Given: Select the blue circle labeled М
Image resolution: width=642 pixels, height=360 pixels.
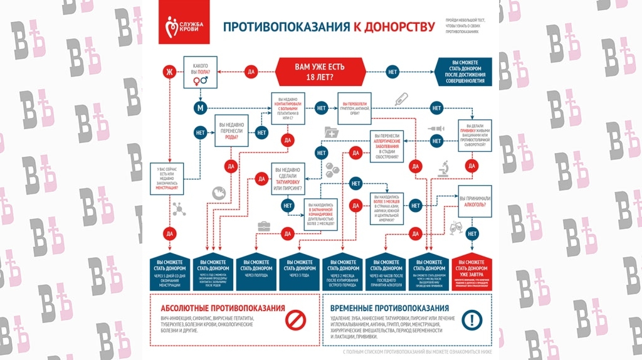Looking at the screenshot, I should coord(201,108).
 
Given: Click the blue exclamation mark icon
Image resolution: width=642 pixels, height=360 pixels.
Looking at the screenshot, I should coord(471,320).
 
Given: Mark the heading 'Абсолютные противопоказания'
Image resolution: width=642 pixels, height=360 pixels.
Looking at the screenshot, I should coord(223,309).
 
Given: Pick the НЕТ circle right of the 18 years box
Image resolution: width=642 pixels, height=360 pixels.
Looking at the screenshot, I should coord(393,71).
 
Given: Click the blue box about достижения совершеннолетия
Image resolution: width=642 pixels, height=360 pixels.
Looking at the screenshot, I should coord(465,71).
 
